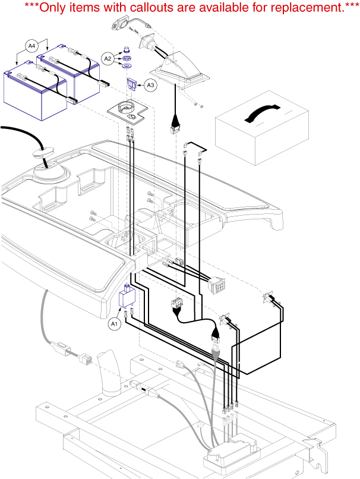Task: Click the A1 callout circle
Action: (115, 324)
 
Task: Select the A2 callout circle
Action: (108, 58)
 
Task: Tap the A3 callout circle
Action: (151, 86)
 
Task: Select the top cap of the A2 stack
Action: (125, 49)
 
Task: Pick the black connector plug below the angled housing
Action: (176, 127)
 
